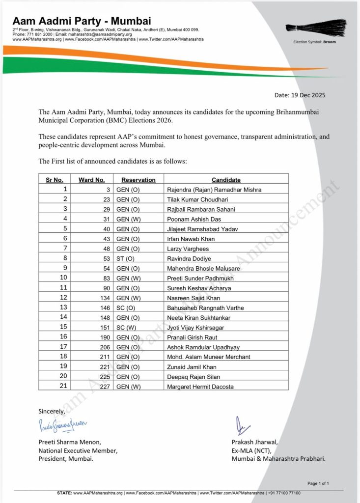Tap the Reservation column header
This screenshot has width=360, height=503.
[x=138, y=180]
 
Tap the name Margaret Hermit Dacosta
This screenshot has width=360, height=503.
[x=199, y=387]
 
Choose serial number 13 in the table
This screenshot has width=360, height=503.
[x=64, y=307]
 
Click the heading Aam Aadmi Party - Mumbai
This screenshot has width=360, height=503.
[x=82, y=21]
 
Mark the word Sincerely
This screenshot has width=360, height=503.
[x=52, y=411]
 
